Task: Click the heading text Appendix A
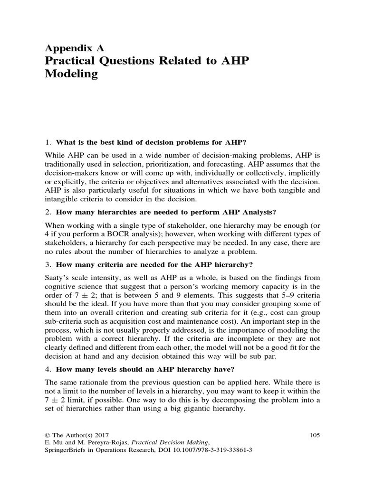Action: point(74,48)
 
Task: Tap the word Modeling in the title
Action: point(72,75)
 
